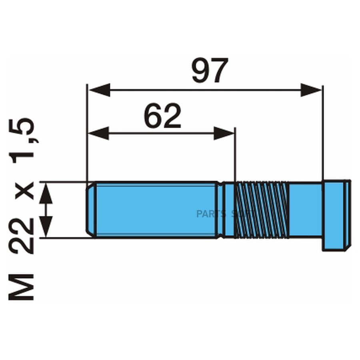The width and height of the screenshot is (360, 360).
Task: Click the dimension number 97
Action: [210, 71]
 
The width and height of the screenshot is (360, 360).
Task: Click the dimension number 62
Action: [162, 117]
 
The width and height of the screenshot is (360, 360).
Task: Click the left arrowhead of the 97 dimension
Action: [98, 90]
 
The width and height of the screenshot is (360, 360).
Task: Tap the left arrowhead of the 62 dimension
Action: [98, 133]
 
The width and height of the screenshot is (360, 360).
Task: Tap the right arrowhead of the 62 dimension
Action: [224, 133]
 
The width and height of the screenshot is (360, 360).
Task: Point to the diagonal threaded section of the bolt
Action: [261, 210]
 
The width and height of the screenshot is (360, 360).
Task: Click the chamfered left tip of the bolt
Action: [91, 210]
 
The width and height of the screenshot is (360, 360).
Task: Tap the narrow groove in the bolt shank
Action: [220, 210]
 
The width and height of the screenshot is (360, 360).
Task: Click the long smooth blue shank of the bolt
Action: [156, 210]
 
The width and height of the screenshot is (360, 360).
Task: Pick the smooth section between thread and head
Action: [305, 210]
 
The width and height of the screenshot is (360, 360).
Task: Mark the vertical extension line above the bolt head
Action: [322, 132]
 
